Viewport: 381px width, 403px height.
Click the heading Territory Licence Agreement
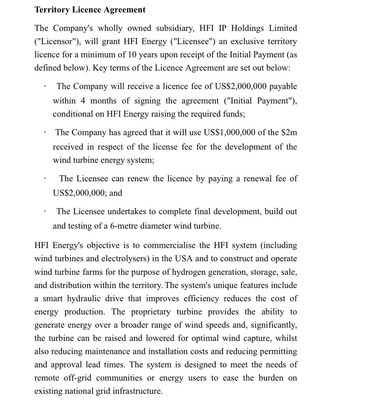pyautogui.click(x=90, y=10)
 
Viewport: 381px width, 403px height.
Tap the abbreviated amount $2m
pyautogui.click(x=289, y=132)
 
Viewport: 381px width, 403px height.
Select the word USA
pyautogui.click(x=183, y=259)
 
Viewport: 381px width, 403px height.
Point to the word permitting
pyautogui.click(x=280, y=352)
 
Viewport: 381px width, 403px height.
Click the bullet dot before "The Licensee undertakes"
pyautogui.click(x=44, y=212)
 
